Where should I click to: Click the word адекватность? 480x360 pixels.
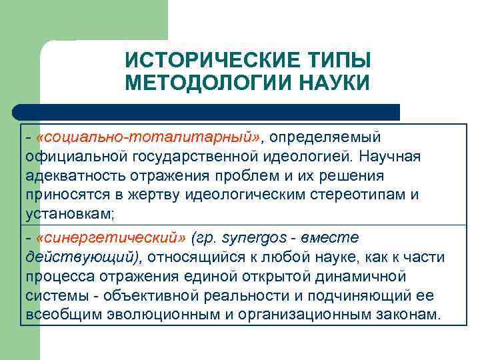coord(67,176)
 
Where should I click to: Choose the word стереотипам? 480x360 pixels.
coord(361,196)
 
